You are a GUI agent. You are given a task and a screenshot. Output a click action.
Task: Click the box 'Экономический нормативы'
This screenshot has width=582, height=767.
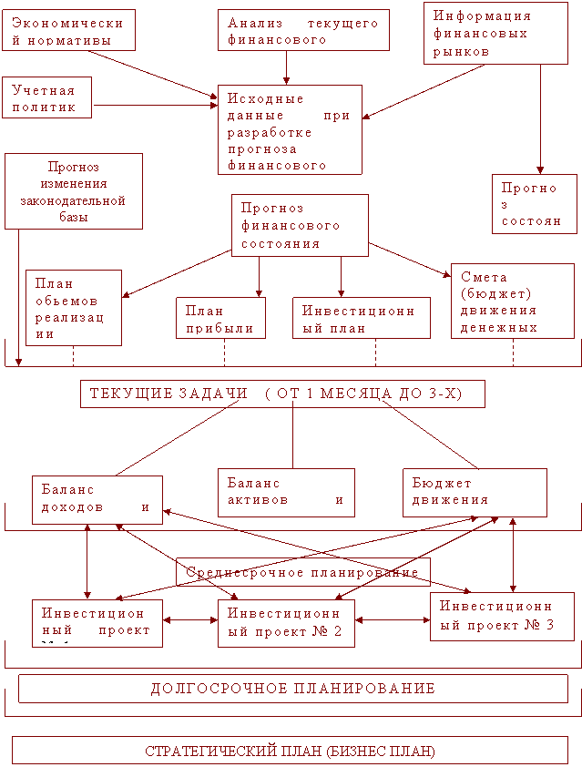click(x=68, y=30)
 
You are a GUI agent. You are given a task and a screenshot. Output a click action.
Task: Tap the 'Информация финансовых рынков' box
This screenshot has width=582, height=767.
click(x=495, y=34)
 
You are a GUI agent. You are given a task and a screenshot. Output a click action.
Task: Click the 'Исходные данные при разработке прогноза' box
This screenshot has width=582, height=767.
click(x=289, y=129)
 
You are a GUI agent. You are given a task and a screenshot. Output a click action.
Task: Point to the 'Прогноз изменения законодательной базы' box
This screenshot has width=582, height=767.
click(x=73, y=190)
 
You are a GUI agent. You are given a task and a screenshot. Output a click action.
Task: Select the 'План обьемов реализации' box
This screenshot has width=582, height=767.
click(x=73, y=307)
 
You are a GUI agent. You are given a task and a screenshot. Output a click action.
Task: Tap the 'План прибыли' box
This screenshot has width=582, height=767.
click(x=220, y=318)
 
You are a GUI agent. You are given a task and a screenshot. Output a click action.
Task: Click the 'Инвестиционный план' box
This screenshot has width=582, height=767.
click(x=358, y=318)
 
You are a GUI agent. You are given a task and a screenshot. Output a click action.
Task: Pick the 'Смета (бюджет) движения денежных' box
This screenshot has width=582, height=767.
click(x=512, y=301)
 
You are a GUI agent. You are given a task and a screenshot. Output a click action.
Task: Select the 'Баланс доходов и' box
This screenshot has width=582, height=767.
click(x=97, y=498)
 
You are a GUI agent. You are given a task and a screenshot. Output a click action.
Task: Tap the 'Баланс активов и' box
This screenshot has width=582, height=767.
click(x=285, y=492)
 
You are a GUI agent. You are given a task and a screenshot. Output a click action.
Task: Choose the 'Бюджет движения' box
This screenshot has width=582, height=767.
click(x=475, y=492)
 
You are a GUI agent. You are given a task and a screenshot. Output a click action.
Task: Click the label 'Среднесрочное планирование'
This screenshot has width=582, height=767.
click(x=302, y=572)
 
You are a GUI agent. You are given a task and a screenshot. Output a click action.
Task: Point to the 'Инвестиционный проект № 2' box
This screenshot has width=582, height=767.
click(x=285, y=623)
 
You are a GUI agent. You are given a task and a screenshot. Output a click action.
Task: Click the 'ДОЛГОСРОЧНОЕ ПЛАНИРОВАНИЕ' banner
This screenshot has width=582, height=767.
click(x=292, y=689)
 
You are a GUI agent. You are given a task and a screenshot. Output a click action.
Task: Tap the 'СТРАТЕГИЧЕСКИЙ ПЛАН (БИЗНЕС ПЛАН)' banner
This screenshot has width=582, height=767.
click(x=291, y=751)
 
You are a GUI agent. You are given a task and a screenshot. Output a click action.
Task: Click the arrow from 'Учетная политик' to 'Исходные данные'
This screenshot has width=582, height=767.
click(x=155, y=106)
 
